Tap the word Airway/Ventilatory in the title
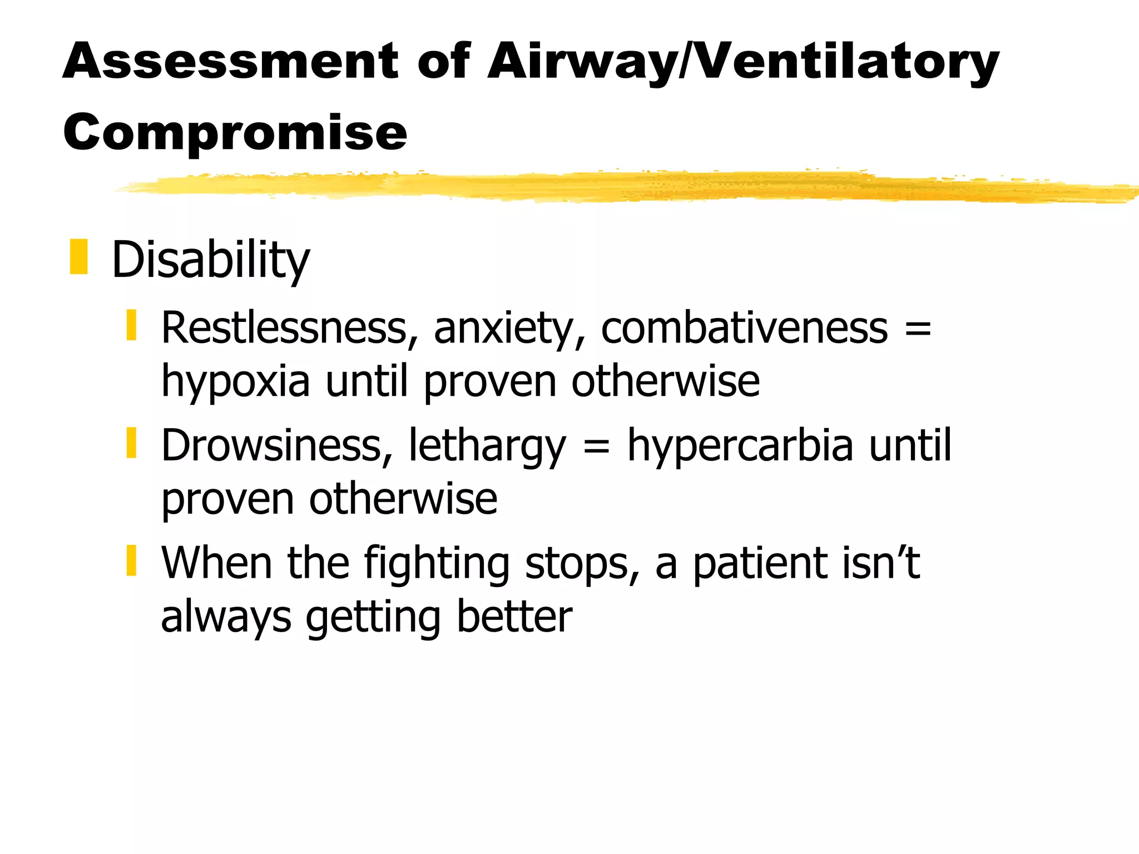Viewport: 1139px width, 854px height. click(x=743, y=62)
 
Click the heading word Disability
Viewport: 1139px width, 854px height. click(x=210, y=260)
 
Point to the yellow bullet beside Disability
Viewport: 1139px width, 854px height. click(x=78, y=257)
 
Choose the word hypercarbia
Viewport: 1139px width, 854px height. click(x=740, y=446)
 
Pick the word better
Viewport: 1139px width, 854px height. click(x=514, y=617)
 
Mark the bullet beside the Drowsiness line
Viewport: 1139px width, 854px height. click(x=131, y=443)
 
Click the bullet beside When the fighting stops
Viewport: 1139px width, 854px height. click(x=131, y=560)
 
